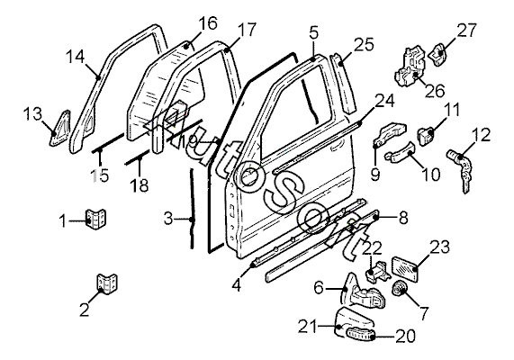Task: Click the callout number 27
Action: click(x=467, y=31)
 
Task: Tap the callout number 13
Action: click(x=32, y=113)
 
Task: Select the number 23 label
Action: click(x=439, y=247)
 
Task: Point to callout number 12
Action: click(x=482, y=135)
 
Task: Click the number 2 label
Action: click(x=85, y=310)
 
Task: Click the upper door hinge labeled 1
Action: click(x=95, y=219)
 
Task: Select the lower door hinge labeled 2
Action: click(x=107, y=283)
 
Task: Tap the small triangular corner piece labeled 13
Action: click(x=60, y=128)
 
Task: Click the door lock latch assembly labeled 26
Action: click(x=410, y=67)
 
